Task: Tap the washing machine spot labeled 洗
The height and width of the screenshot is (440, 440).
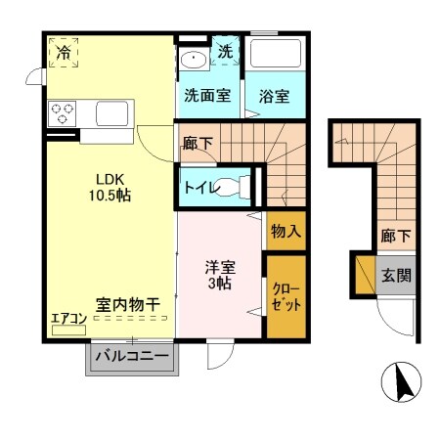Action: [x=225, y=51]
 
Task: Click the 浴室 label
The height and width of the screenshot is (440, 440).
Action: [x=274, y=96]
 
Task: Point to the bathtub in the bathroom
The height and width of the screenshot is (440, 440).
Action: [x=274, y=56]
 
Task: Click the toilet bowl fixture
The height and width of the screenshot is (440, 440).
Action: [x=231, y=186]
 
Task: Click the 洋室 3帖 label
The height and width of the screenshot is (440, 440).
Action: [x=219, y=274]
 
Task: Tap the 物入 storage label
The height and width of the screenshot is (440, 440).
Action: [x=286, y=233]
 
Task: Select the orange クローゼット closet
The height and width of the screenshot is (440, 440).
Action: [x=286, y=295]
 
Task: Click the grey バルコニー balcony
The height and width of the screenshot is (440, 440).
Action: [x=132, y=359]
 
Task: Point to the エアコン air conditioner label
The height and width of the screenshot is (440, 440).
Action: [x=67, y=319]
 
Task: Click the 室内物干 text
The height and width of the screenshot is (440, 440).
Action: [x=128, y=305]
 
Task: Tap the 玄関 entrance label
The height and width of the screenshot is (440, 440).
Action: [x=397, y=275]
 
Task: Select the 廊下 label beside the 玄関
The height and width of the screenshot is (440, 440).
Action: [x=395, y=236]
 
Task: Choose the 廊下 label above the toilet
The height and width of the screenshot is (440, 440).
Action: [x=198, y=143]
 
